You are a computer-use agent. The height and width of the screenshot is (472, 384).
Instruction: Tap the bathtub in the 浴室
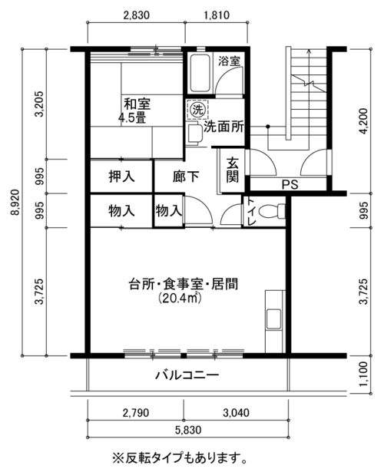pos(199,74)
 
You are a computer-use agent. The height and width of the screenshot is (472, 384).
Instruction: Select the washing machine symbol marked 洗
pos(197,110)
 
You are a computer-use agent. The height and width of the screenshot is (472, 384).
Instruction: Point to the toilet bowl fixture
pos(272,211)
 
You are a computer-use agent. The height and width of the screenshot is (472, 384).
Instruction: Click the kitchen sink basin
pos(273,319)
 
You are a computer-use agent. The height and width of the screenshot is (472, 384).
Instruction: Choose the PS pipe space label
pos(290,184)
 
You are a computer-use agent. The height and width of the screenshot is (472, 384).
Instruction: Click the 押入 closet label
pos(121,177)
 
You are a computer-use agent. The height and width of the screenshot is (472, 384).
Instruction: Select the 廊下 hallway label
pos(186,177)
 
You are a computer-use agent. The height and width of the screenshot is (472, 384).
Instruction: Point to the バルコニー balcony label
pos(187,375)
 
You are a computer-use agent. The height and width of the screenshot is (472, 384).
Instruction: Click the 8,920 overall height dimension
pos(15,202)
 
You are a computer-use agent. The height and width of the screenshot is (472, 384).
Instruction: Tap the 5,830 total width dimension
pos(188,430)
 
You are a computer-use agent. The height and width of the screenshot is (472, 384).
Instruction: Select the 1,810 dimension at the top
pos(217,15)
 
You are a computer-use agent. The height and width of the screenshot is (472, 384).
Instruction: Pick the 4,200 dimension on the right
pos(363,121)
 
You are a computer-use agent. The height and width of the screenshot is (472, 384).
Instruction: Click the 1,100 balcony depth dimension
pos(363,375)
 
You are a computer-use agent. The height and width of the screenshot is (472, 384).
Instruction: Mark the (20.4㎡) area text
pos(180,298)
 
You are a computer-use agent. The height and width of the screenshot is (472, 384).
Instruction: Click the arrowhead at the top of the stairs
pos(309,51)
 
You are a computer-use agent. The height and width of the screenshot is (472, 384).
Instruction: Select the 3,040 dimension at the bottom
pos(236,412)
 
